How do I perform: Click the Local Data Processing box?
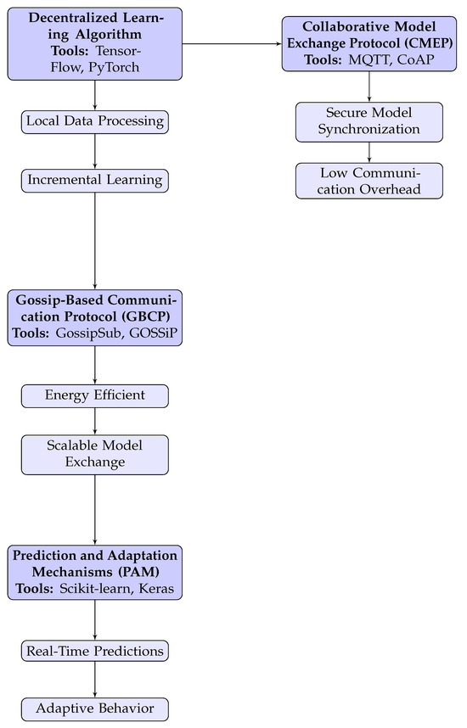(94, 121)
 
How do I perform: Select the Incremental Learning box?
(94, 180)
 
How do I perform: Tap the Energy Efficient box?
(94, 395)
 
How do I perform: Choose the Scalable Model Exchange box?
(94, 454)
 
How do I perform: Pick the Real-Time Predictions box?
(94, 651)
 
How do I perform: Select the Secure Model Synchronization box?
(369, 121)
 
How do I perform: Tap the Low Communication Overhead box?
(369, 180)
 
